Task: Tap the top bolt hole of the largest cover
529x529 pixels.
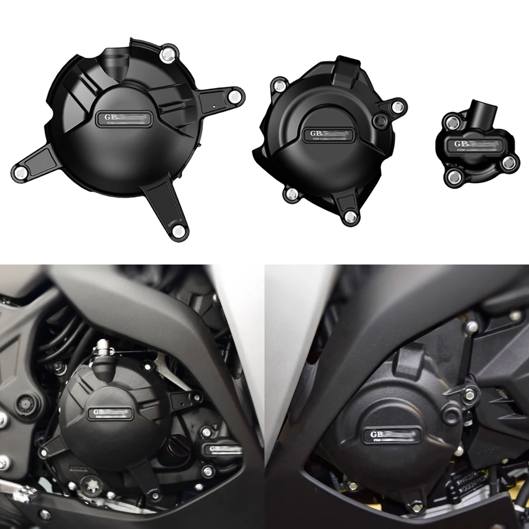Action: (x=168, y=52)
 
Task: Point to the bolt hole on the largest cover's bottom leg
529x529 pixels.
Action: (x=179, y=230)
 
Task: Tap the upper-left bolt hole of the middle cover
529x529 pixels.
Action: (x=278, y=84)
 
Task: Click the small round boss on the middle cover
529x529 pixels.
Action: (x=379, y=122)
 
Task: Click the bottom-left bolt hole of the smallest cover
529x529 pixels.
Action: (x=452, y=176)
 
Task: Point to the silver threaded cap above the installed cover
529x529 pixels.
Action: (x=102, y=350)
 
